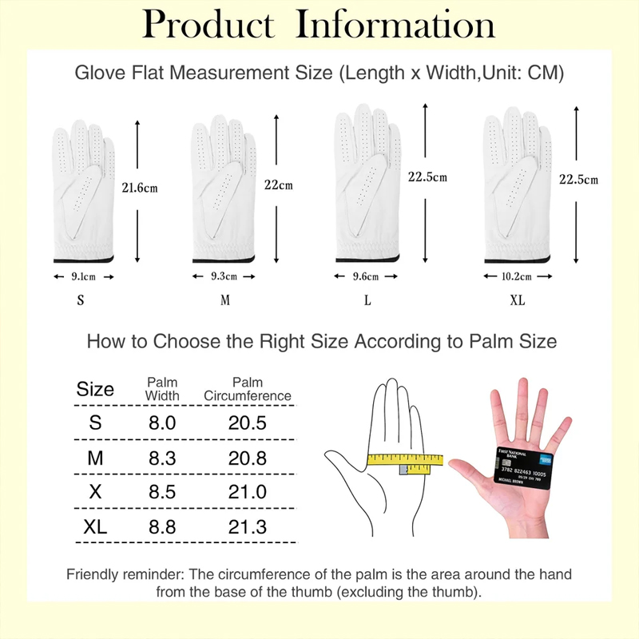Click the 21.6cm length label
click(140, 189)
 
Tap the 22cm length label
click(279, 185)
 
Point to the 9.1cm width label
click(84, 277)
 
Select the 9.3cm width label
click(223, 277)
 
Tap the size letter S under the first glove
click(80, 301)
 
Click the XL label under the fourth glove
click(517, 301)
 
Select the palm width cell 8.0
click(162, 423)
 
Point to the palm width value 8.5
click(162, 492)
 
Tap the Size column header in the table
click(95, 390)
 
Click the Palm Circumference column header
click(248, 389)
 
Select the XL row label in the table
click(95, 526)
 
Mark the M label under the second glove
click(225, 301)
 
